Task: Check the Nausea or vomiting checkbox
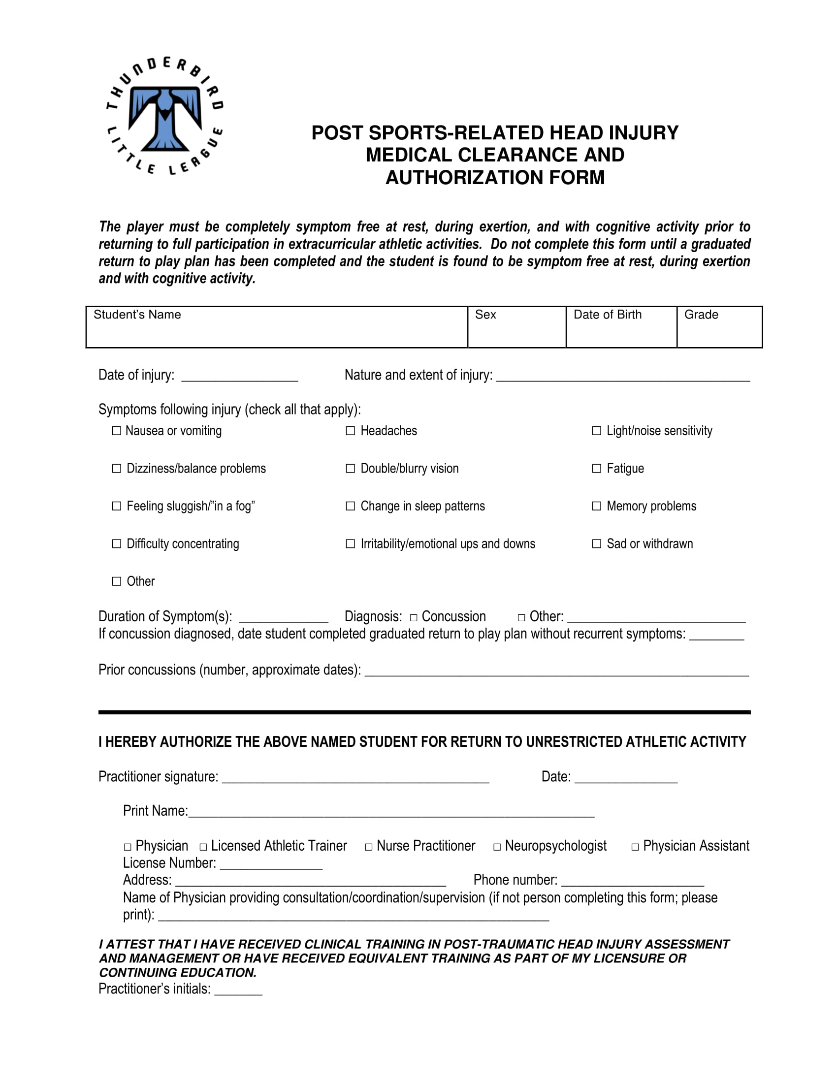click(x=117, y=430)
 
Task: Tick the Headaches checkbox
click(x=350, y=430)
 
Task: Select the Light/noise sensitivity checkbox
click(x=597, y=430)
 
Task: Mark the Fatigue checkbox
click(x=597, y=468)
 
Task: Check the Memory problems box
click(x=597, y=506)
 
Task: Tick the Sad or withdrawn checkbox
click(x=597, y=543)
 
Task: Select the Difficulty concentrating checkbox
click(x=117, y=543)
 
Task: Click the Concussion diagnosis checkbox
click(x=414, y=618)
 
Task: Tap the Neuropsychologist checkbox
click(x=497, y=848)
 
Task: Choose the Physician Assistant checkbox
click(x=635, y=848)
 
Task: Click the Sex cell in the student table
click(x=516, y=327)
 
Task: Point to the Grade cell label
click(x=701, y=315)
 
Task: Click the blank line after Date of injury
click(x=239, y=378)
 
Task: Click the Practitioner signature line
click(x=355, y=779)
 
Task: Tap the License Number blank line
click(x=271, y=865)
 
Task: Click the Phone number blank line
click(x=632, y=882)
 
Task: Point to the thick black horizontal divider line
click(x=424, y=712)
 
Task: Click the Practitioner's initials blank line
click(x=238, y=991)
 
